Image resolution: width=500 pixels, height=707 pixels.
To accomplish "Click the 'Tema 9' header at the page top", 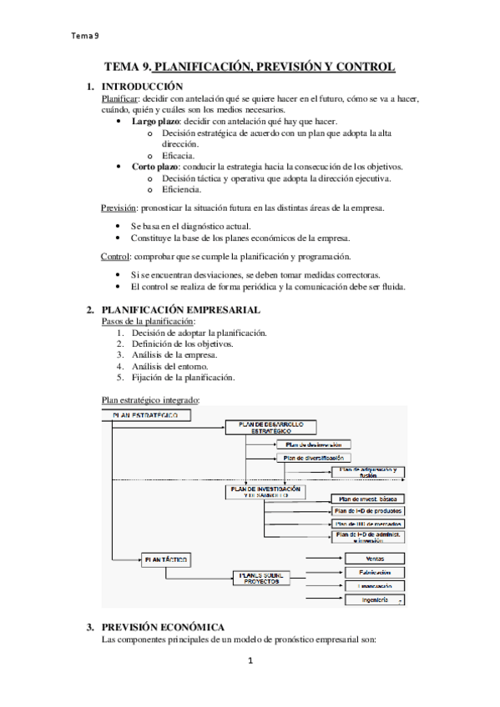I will [85, 35].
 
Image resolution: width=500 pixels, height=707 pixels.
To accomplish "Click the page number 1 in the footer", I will [250, 661].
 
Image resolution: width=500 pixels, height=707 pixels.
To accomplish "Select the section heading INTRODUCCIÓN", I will [141, 86].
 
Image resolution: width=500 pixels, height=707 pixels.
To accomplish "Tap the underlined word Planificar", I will [119, 98].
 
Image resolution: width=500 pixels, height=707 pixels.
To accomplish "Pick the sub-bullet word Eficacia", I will [179, 155].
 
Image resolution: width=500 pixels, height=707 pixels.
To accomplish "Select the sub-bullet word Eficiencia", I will [184, 189].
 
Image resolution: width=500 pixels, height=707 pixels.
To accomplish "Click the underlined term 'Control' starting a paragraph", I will [115, 256].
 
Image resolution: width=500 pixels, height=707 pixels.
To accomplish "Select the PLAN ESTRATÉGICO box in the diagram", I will [150, 414].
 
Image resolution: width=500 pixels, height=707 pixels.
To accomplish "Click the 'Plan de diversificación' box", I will [313, 457].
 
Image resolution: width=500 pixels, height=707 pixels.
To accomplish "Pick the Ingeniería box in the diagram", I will [374, 600].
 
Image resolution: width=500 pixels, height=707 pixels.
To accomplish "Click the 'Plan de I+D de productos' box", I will [368, 510].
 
